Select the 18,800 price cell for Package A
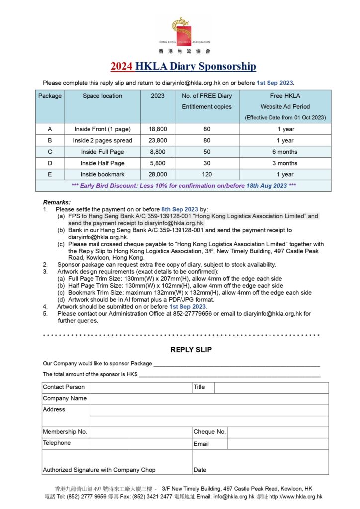tap(158, 129)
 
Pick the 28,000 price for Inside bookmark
tap(158, 174)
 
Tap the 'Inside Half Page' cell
tap(102, 163)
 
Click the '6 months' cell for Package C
tap(285, 152)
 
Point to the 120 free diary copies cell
tap(207, 174)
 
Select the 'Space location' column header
tap(102, 96)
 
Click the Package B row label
tap(50, 141)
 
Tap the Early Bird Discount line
tap(183, 186)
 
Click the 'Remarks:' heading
tap(57, 202)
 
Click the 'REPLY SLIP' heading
tap(191, 350)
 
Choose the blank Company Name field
tap(209, 399)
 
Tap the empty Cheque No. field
tap(277, 432)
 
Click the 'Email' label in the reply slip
tap(201, 444)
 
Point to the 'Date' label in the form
tap(200, 470)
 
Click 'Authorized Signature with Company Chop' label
tap(99, 470)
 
